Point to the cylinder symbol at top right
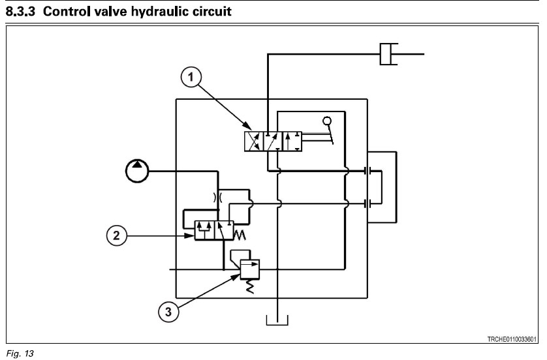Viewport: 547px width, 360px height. point(390,53)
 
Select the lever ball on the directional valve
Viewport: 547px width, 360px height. point(328,121)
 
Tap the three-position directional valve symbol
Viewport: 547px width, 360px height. point(273,142)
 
